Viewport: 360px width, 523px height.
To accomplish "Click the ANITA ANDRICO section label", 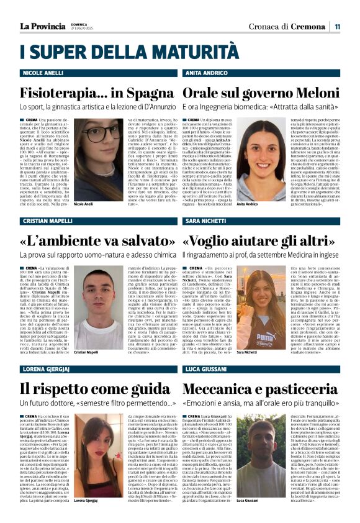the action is (207, 73).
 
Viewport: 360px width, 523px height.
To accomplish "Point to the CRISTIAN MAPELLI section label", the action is (48, 221).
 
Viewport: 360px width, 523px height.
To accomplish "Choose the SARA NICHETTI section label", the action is (207, 221).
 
